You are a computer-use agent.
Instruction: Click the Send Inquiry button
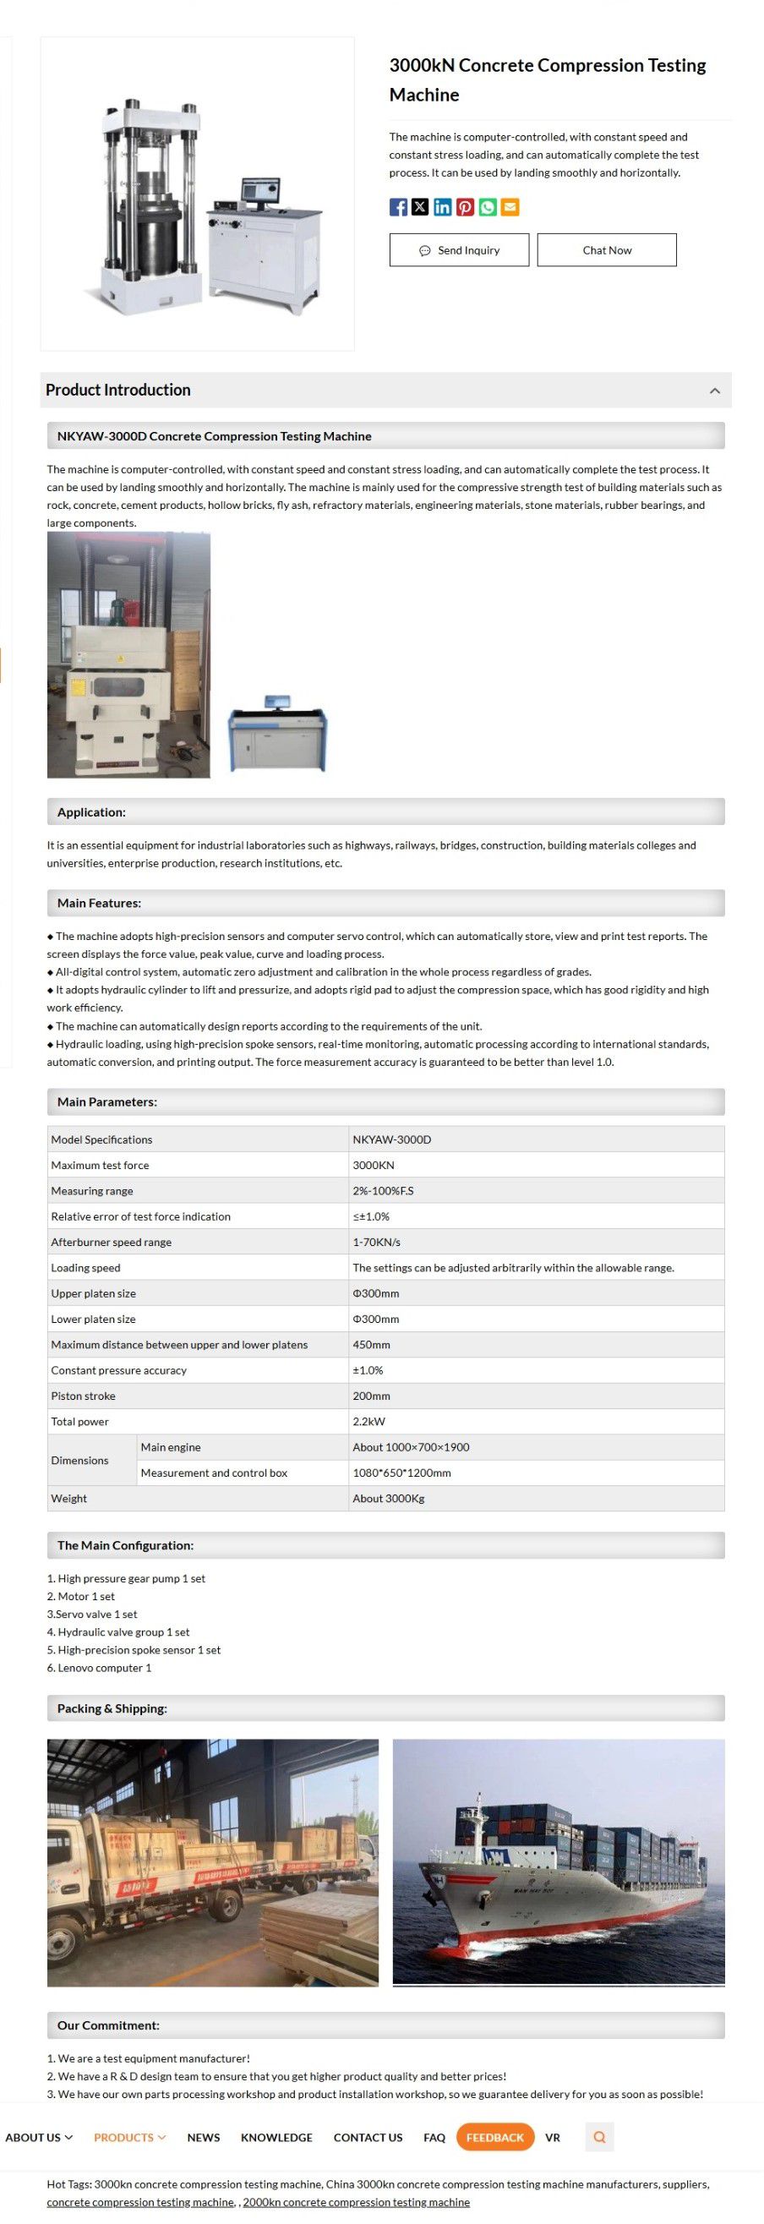pyautogui.click(x=458, y=250)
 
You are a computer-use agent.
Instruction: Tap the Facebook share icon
pyautogui.click(x=398, y=207)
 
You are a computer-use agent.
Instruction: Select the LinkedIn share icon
pyautogui.click(x=443, y=207)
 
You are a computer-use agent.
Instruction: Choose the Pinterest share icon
pyautogui.click(x=466, y=207)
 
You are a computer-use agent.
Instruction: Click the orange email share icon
pyautogui.click(x=510, y=207)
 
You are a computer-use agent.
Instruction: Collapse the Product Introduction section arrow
pyautogui.click(x=714, y=391)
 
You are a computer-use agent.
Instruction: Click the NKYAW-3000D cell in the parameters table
pyautogui.click(x=392, y=1139)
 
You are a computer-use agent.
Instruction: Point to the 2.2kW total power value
pyautogui.click(x=368, y=1421)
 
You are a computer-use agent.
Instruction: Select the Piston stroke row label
pyautogui.click(x=83, y=1396)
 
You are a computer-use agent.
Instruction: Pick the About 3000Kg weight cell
pyautogui.click(x=389, y=1498)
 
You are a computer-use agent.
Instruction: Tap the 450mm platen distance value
pyautogui.click(x=371, y=1344)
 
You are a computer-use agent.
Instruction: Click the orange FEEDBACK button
pyautogui.click(x=494, y=2137)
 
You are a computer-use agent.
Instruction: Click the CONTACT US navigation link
pyautogui.click(x=368, y=2137)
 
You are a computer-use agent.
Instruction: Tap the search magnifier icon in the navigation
pyautogui.click(x=599, y=2137)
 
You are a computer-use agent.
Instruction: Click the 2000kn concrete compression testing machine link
pyautogui.click(x=356, y=2201)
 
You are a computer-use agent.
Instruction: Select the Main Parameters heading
pyautogui.click(x=107, y=1101)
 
